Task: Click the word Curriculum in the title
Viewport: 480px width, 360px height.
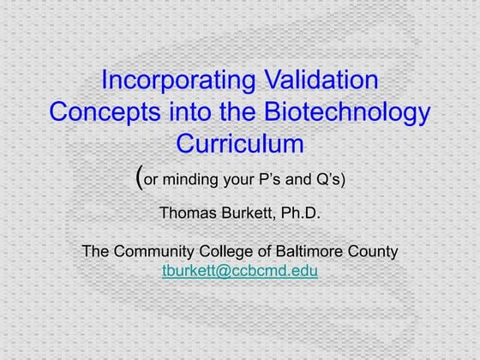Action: (240, 141)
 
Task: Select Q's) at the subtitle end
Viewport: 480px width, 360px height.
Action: (330, 180)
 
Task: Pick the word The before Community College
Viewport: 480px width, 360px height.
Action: (95, 252)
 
